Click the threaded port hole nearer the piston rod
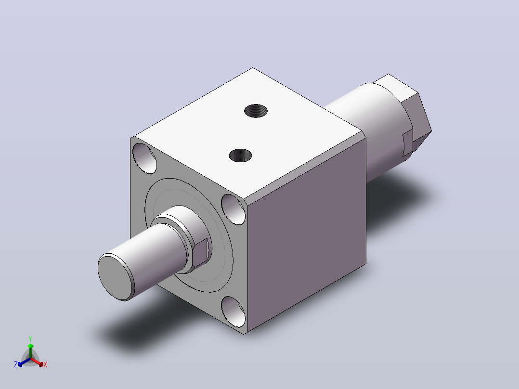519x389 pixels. coord(240,156)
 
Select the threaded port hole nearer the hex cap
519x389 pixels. coord(256,111)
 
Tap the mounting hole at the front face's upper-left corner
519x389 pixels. coord(144,158)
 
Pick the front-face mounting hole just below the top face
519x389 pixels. coord(234,209)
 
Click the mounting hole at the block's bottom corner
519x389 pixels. coord(233,311)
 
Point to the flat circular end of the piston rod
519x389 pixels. coord(116,277)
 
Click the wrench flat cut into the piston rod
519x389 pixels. coord(200,251)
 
